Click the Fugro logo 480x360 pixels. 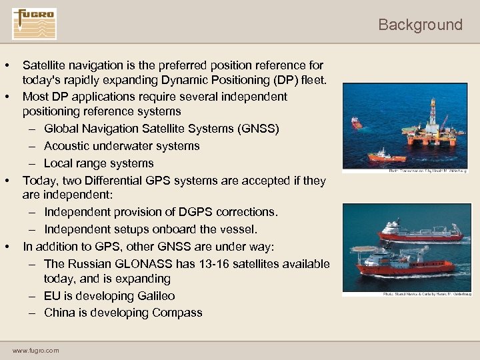(x=34, y=24)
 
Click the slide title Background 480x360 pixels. (x=420, y=25)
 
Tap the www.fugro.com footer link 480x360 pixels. (x=35, y=350)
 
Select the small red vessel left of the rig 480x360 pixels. (x=357, y=123)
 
